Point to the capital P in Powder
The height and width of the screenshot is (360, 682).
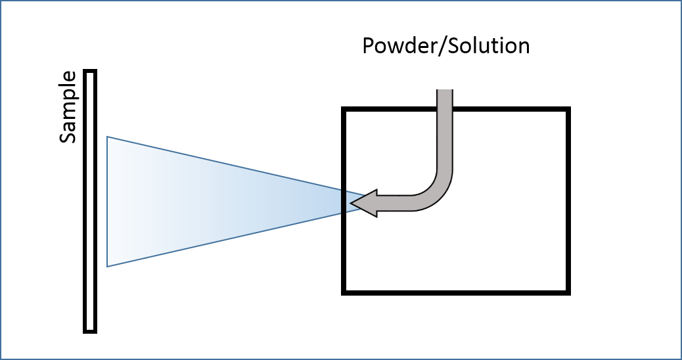coord(369,46)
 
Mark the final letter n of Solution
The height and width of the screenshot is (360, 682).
coord(524,47)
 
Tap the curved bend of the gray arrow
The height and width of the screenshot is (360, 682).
coord(436,191)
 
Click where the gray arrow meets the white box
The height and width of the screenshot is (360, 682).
coord(443,90)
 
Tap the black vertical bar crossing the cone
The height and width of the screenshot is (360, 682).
coord(342,202)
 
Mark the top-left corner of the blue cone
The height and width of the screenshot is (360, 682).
coord(108,137)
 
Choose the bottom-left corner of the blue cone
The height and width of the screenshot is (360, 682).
coord(108,266)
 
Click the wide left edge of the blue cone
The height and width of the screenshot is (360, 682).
coord(108,202)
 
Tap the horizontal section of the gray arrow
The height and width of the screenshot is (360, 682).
coord(401,203)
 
